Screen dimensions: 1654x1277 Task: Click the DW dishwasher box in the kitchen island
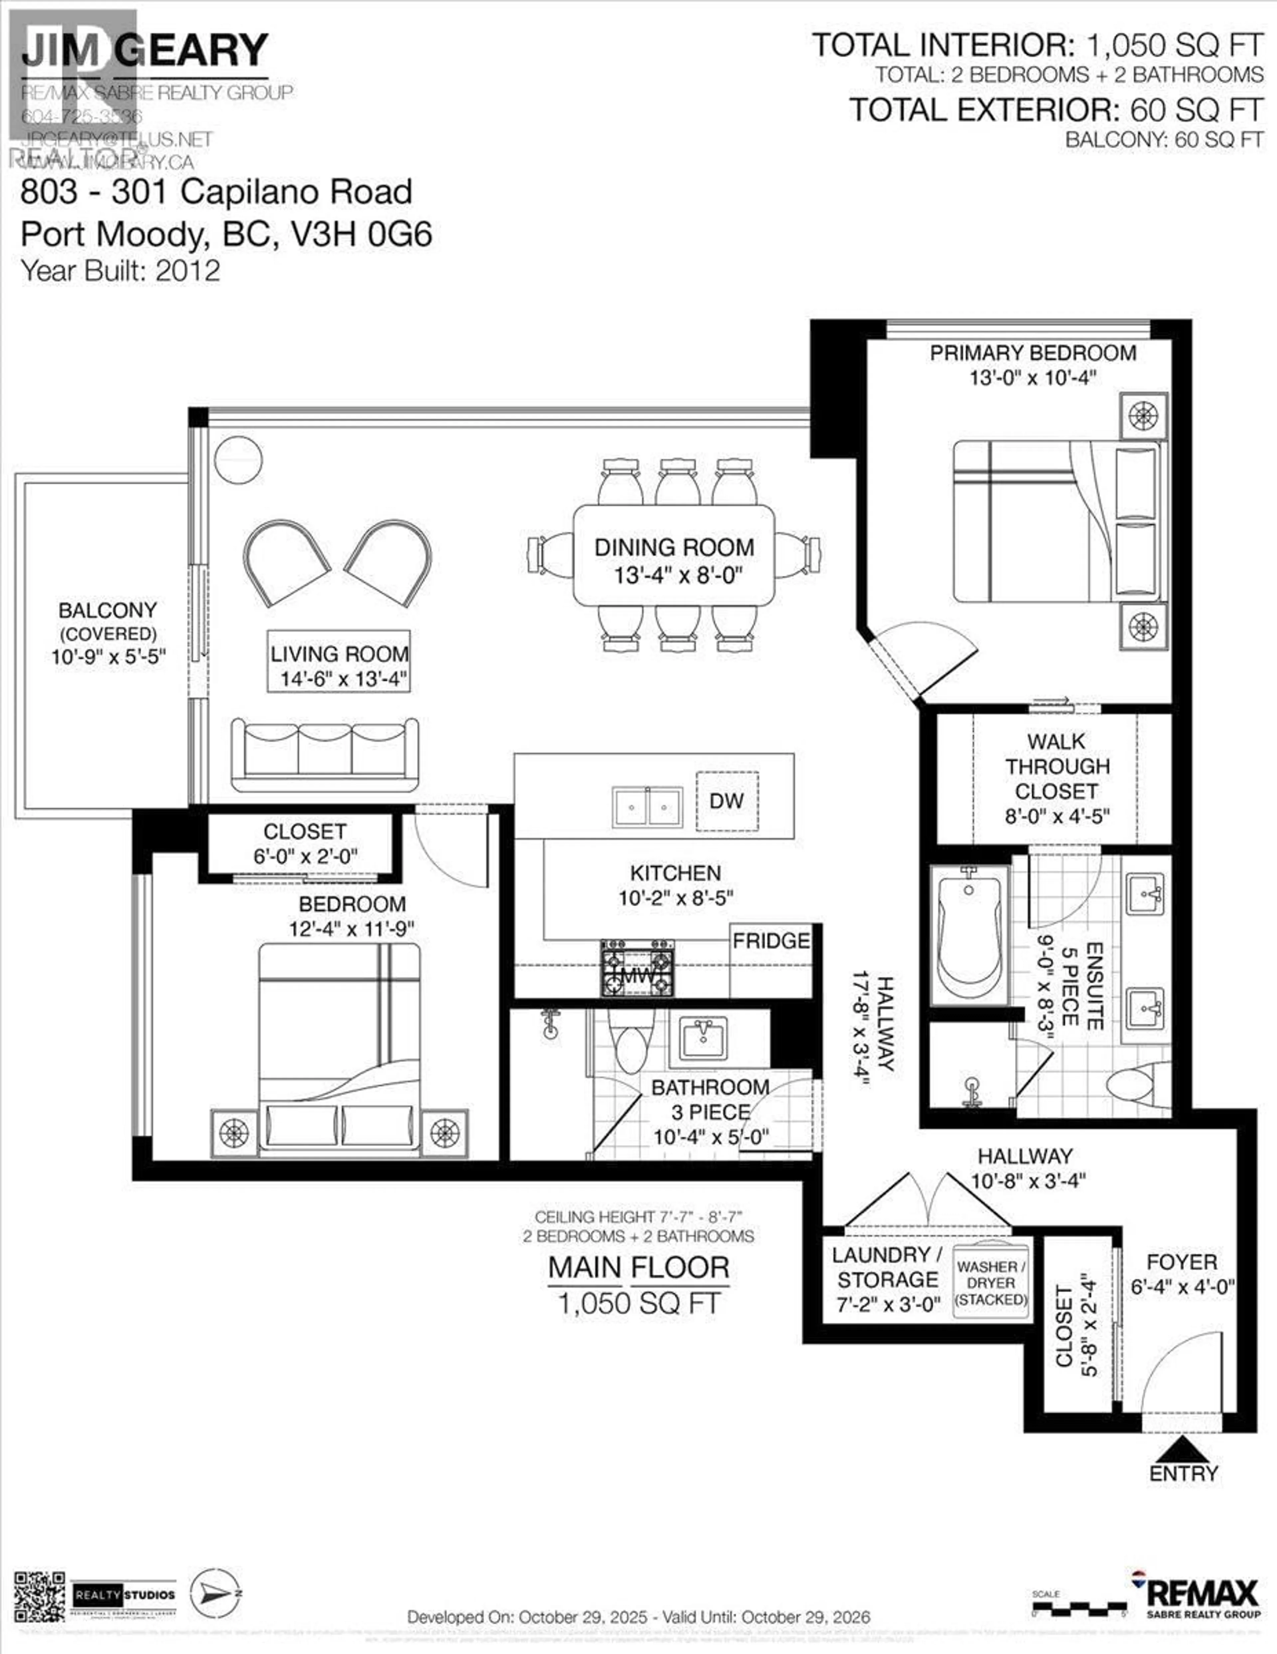(x=727, y=801)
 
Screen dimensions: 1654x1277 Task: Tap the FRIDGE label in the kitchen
(x=771, y=941)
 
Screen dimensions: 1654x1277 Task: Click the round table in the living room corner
(x=238, y=459)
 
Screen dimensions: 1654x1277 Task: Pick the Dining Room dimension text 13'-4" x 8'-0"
(x=674, y=576)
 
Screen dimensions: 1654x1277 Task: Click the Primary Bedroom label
(x=1033, y=353)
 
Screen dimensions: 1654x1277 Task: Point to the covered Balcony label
(x=107, y=611)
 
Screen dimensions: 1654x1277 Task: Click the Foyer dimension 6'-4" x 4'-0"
(x=1182, y=1286)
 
